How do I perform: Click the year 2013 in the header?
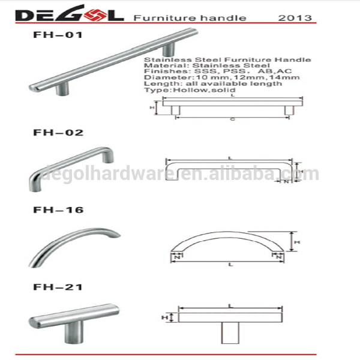coord(295,18)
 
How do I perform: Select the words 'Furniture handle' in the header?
coord(190,18)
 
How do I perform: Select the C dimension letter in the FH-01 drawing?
coord(232,119)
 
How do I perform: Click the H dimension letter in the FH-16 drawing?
coord(298,242)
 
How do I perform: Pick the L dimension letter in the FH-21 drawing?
coord(230,305)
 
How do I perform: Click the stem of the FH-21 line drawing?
coord(231,334)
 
